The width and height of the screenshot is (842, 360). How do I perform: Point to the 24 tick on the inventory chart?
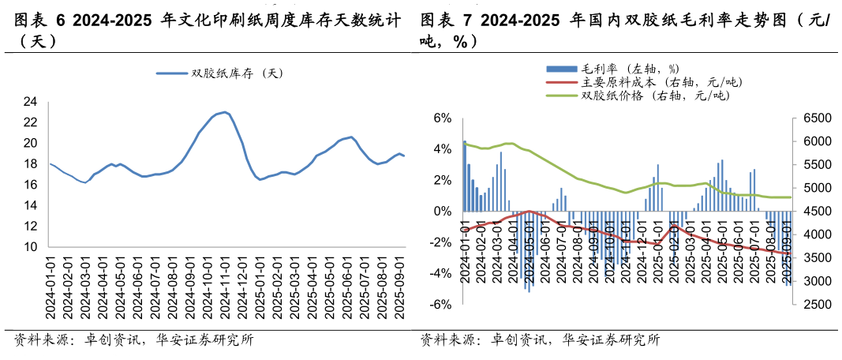coord(31,102)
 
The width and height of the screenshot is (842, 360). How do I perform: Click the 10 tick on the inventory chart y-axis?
coord(31,247)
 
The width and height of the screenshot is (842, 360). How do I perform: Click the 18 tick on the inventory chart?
coord(31,164)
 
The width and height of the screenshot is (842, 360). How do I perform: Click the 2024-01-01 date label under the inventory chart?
coord(50,287)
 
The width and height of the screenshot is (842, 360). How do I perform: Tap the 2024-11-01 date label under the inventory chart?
coord(226,287)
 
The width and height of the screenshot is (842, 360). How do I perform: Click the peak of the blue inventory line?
coord(225,112)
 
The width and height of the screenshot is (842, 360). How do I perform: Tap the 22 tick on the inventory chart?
coord(31,122)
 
